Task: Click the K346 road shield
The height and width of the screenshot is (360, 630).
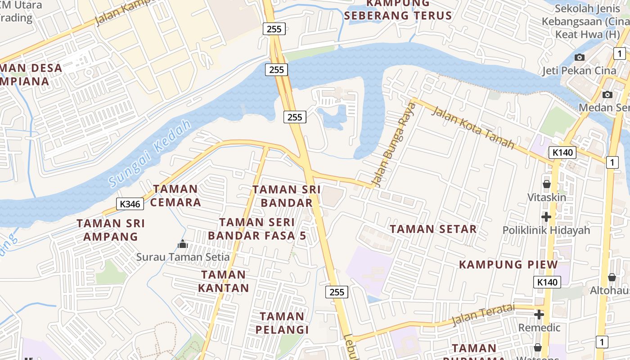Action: point(130,204)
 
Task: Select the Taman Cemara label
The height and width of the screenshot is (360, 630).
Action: point(175,195)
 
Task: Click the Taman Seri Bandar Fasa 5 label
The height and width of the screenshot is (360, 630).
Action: point(257,229)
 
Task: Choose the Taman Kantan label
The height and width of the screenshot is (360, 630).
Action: point(224,281)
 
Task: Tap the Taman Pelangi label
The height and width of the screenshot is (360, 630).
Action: point(282,323)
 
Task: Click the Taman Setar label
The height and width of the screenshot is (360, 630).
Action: point(433,229)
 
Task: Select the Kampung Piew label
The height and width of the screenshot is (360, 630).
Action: point(508,264)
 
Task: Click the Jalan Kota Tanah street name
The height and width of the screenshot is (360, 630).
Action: point(472,127)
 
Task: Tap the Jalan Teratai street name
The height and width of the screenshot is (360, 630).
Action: point(483,314)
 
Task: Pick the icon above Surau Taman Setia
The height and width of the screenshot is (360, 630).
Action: point(183,244)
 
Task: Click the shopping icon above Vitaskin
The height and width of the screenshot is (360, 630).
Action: point(547,184)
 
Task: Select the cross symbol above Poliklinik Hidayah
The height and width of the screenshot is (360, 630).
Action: point(546,217)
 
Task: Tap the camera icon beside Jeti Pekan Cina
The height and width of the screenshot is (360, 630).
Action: point(580,57)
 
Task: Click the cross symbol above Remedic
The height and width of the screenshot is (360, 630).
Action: point(539,315)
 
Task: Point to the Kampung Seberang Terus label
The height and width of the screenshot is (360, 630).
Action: point(398,9)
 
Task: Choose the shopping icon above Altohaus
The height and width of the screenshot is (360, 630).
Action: point(612,277)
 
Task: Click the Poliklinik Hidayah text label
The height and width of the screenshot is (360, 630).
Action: point(546,230)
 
